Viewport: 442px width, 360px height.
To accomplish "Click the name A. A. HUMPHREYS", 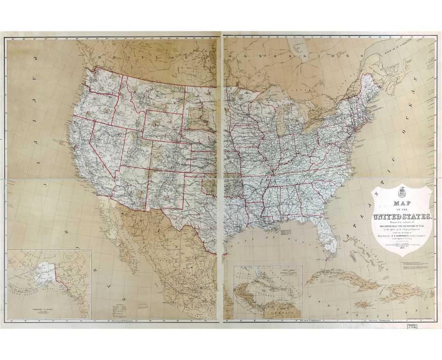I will pyautogui.click(x=401, y=235).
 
